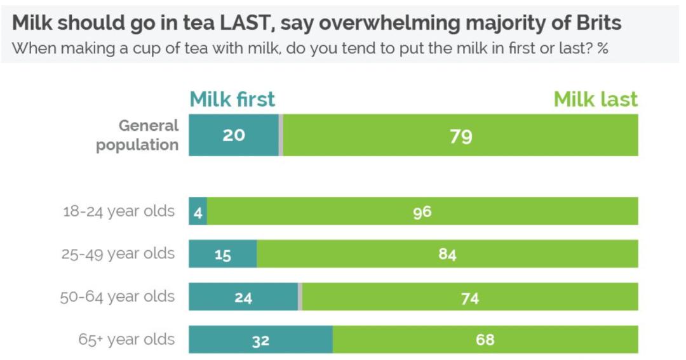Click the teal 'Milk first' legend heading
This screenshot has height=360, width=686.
coord(232,100)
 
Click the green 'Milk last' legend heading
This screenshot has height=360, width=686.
coord(595,100)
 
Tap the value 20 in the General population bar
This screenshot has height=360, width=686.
coord(234,135)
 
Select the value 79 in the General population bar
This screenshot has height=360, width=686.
coord(461,136)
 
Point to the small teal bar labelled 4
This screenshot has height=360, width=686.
coord(198,211)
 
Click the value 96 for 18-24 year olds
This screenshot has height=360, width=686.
coord(422,212)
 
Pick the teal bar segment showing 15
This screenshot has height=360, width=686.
coord(222,255)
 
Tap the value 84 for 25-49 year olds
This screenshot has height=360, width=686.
coord(447,255)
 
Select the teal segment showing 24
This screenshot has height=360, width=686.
coord(243,297)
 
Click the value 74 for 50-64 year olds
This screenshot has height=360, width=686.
coord(469,298)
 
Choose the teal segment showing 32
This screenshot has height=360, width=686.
coord(260,340)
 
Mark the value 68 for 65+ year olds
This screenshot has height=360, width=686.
coord(485,340)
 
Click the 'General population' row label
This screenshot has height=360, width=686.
coord(138,135)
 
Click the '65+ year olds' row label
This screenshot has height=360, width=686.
coord(126,339)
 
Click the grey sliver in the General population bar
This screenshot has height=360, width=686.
coord(281,135)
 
